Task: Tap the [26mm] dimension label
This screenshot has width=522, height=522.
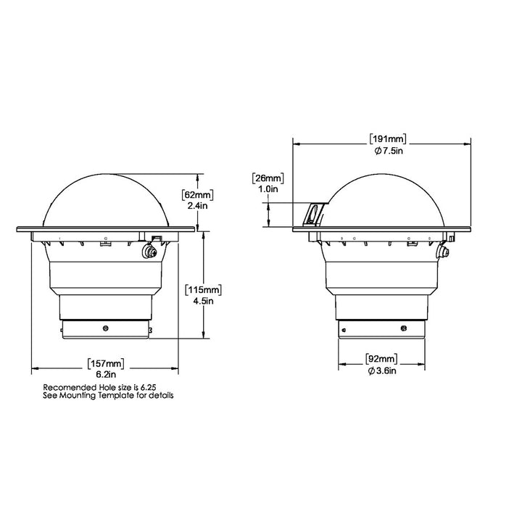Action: [x=268, y=177]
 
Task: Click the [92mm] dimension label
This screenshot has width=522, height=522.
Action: [x=382, y=359]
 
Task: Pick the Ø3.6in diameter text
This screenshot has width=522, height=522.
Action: [x=382, y=370]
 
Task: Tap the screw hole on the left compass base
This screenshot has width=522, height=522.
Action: [x=107, y=328]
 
